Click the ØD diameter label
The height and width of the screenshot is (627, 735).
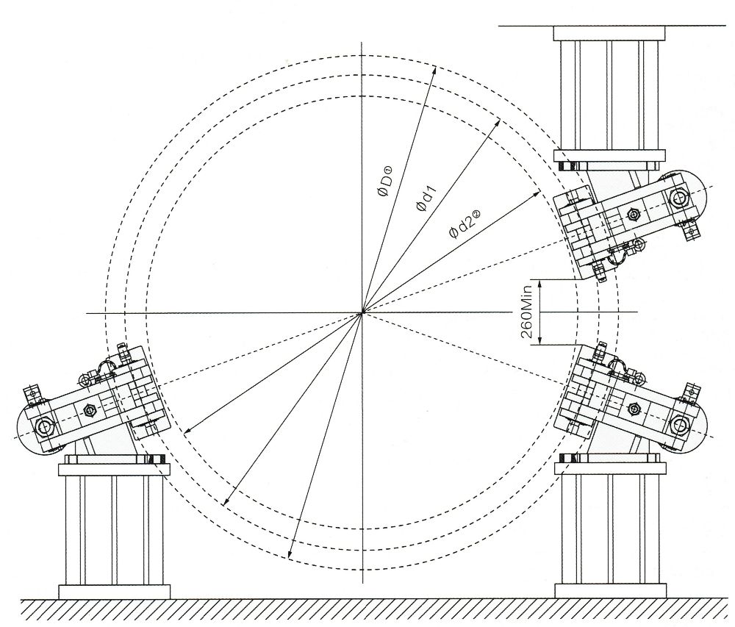[x=387, y=182]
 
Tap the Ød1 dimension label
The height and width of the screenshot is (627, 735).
[x=426, y=198]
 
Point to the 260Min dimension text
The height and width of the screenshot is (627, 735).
[x=527, y=312]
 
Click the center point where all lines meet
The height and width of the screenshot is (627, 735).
[x=362, y=312]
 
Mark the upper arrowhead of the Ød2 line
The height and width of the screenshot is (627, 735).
[x=537, y=193]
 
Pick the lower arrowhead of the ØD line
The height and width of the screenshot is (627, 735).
[x=290, y=554]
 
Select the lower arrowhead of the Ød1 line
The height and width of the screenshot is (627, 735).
[x=226, y=501]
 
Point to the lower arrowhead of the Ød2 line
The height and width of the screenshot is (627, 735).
[x=187, y=431]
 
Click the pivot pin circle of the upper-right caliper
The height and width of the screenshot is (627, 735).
[x=679, y=197]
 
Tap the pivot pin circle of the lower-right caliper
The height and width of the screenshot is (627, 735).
[x=679, y=425]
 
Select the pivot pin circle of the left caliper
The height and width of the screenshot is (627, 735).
[x=45, y=426]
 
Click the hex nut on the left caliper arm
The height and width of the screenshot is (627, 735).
[x=89, y=410]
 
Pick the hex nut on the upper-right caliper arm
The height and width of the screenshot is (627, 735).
[x=634, y=214]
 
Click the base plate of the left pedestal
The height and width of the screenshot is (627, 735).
[x=114, y=592]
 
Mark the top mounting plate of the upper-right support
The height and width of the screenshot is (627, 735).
[x=609, y=33]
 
